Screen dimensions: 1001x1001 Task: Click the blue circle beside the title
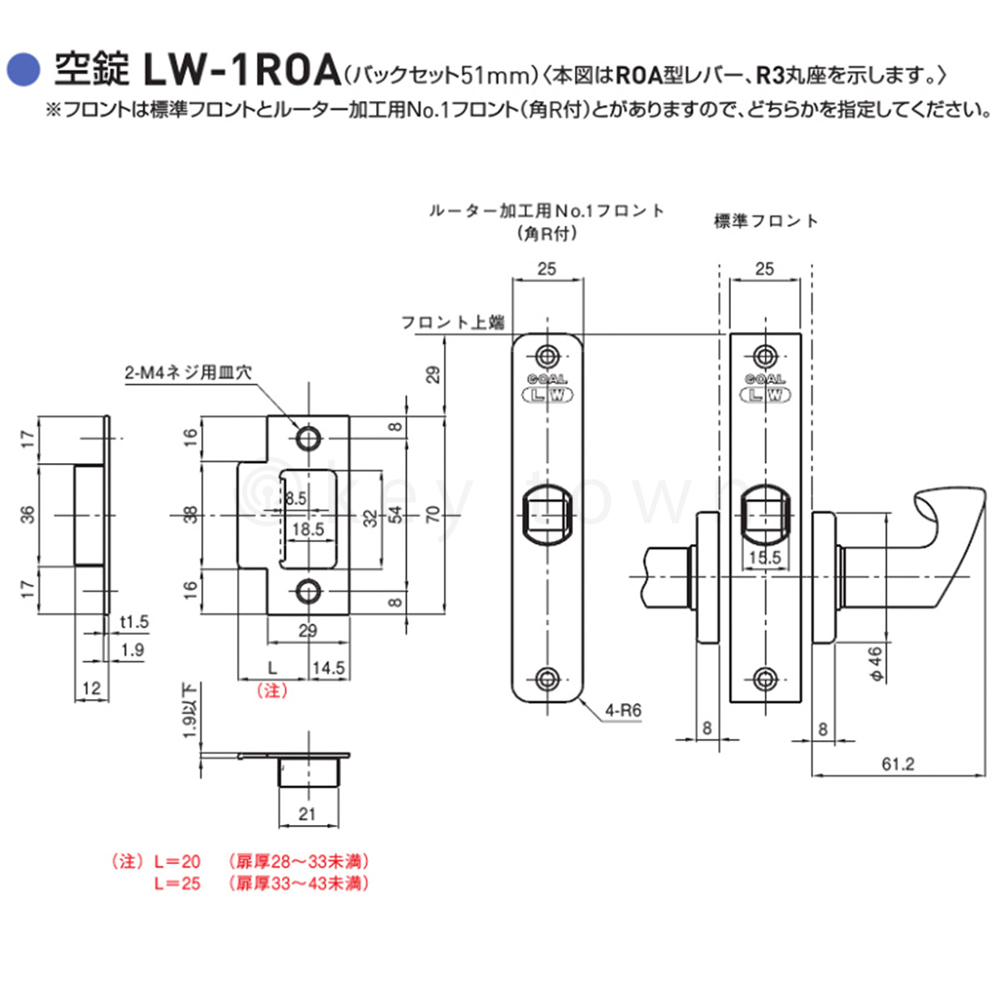pos(23,70)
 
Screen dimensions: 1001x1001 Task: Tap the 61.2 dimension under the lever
pos(898,763)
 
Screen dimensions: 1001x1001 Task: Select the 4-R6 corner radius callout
pos(623,710)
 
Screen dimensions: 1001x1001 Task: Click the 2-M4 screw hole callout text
pos(189,372)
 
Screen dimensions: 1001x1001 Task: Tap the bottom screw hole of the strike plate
pos(308,591)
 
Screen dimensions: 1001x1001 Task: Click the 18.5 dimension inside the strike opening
pos(308,530)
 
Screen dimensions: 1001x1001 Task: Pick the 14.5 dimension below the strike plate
pos(329,668)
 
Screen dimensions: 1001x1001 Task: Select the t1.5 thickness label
pos(134,621)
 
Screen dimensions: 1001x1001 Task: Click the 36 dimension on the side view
pos(28,515)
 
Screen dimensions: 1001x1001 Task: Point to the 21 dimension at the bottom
pos(307,814)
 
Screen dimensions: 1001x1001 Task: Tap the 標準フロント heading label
pos(766,222)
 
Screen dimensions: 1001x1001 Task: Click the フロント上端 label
pos(452,323)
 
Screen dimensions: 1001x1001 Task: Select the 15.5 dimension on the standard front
pos(765,557)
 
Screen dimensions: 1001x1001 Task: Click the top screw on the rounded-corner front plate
pos(547,357)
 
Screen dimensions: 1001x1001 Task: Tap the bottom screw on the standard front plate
pos(765,678)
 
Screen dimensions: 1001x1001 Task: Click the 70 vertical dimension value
pos(433,515)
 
